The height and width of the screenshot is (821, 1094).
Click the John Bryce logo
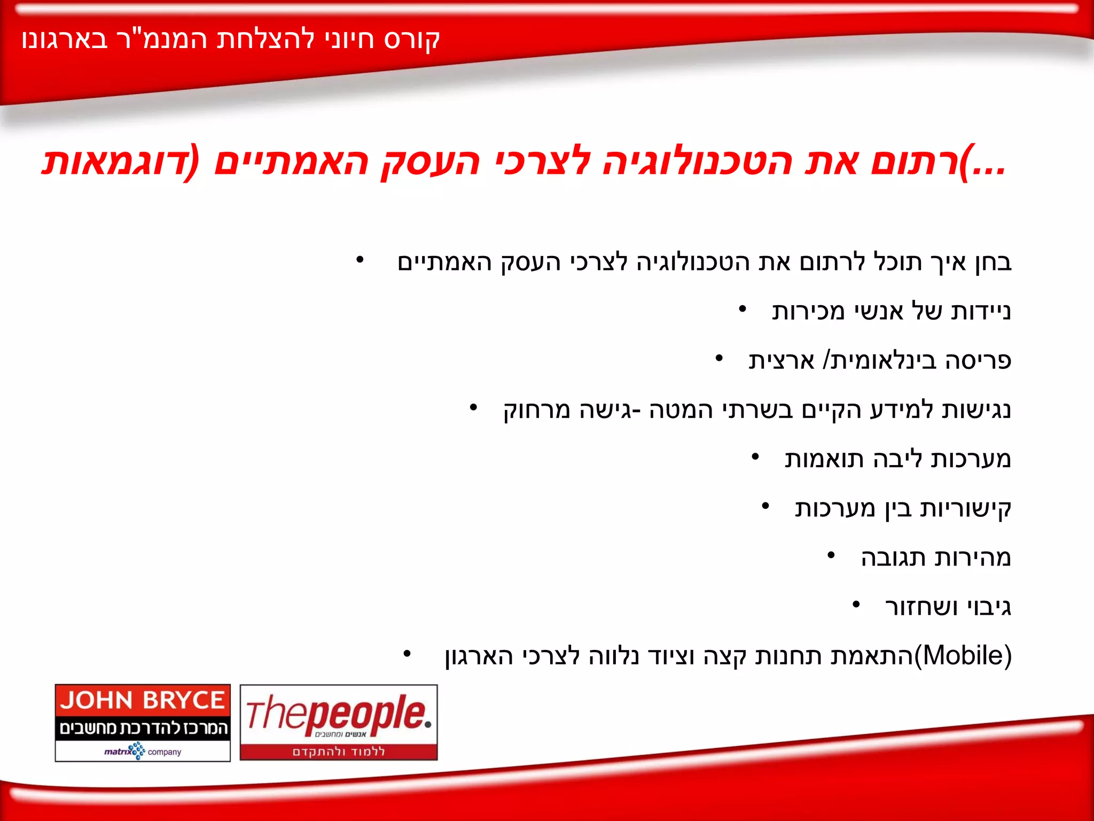tap(143, 722)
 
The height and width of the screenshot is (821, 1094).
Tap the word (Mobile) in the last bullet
tap(963, 656)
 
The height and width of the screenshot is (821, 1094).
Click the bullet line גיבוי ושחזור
tap(948, 607)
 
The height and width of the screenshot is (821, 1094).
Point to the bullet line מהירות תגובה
tap(936, 558)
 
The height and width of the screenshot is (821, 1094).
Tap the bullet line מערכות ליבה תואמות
tap(897, 459)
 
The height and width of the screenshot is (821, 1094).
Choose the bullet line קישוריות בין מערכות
tap(903, 509)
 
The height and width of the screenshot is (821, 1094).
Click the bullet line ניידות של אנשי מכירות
tap(891, 311)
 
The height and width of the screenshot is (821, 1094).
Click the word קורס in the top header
tap(412, 40)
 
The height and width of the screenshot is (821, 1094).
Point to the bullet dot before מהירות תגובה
tap(831, 556)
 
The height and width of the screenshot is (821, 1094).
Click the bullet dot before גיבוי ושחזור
tap(856, 605)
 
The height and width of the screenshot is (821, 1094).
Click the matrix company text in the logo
tap(143, 752)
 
